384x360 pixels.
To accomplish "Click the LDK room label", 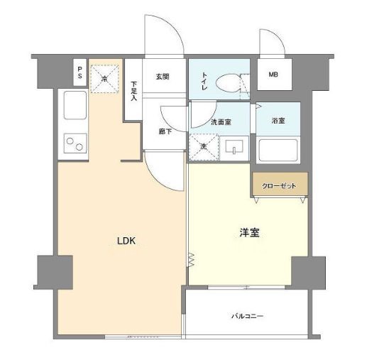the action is (126, 241).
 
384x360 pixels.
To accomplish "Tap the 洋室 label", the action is (250, 233).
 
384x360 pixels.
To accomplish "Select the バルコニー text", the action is (248, 316).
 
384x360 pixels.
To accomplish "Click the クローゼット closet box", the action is (280, 184).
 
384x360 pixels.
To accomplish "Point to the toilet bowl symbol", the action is (228, 83).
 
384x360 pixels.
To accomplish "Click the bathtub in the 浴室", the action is (278, 151).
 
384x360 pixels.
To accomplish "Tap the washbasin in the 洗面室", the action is (234, 146).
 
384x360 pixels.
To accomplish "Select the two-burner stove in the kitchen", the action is (75, 143).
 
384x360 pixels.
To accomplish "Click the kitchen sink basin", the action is (75, 105).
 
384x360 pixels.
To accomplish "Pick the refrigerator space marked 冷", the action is (104, 79).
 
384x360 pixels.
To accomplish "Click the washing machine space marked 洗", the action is (204, 147).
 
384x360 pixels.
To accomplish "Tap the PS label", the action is (79, 72).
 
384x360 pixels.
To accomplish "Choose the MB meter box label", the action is (273, 75).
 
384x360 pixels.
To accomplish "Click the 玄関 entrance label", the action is (163, 77).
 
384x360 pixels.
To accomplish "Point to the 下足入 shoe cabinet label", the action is (133, 91).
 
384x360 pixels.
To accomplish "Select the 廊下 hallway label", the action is (165, 131).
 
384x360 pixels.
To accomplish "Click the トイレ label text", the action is (204, 81).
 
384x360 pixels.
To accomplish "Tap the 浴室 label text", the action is (278, 121).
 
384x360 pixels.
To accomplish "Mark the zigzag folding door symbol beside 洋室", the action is (191, 260).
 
